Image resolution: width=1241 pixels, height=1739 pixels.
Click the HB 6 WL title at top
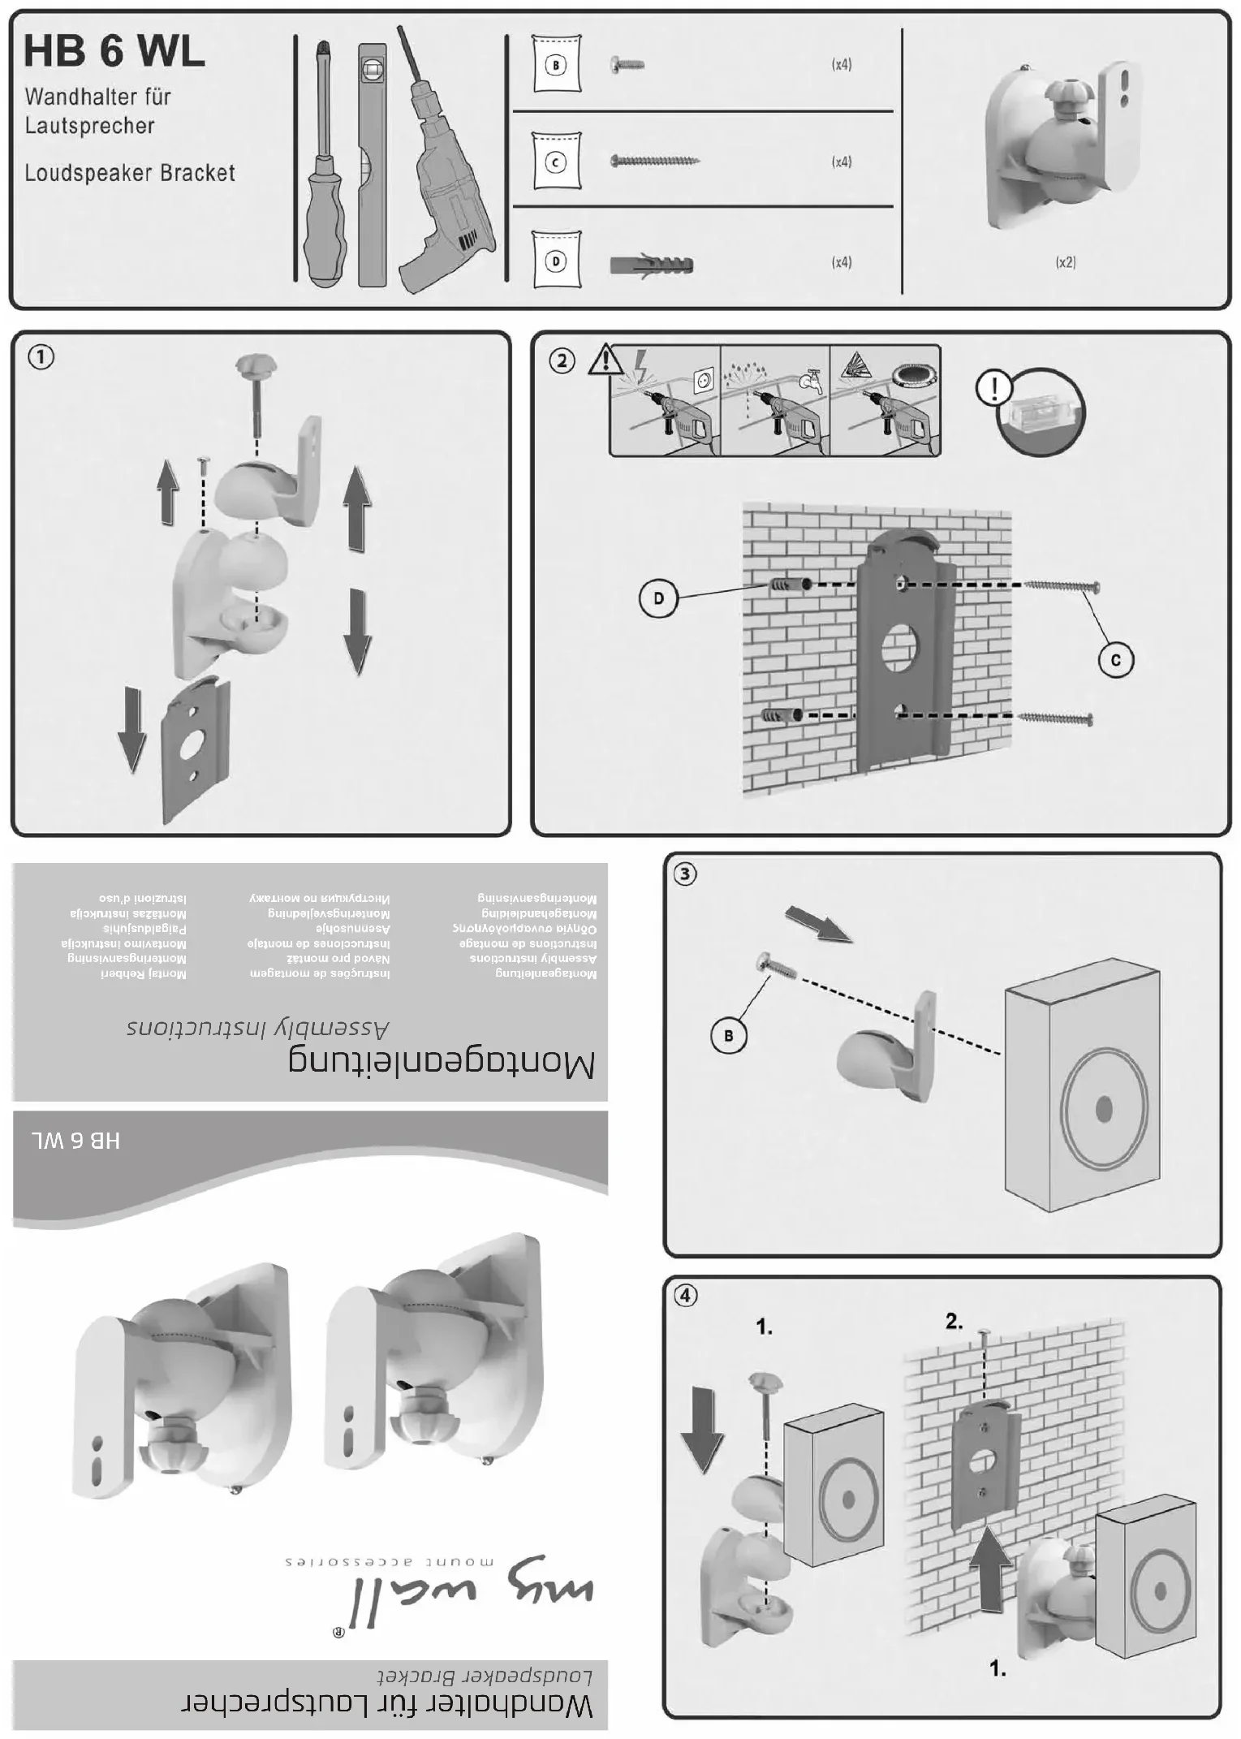click(114, 52)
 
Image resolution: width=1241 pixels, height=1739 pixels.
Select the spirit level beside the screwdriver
click(373, 162)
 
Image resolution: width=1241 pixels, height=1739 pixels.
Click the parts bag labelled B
click(557, 64)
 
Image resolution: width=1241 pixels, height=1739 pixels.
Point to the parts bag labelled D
click(557, 261)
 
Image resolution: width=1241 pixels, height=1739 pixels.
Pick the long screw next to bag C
click(654, 161)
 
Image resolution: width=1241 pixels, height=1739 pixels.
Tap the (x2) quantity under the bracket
click(1066, 262)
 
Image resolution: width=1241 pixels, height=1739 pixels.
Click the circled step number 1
click(41, 356)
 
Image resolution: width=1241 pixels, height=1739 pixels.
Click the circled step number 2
click(562, 360)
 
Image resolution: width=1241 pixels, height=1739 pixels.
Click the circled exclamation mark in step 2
click(993, 387)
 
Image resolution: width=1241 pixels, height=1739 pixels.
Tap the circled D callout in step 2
click(658, 599)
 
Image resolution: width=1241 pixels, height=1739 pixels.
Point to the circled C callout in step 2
click(1116, 660)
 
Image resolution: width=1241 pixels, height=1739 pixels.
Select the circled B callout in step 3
click(728, 1036)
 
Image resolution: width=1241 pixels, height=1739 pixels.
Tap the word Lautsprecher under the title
click(89, 126)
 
